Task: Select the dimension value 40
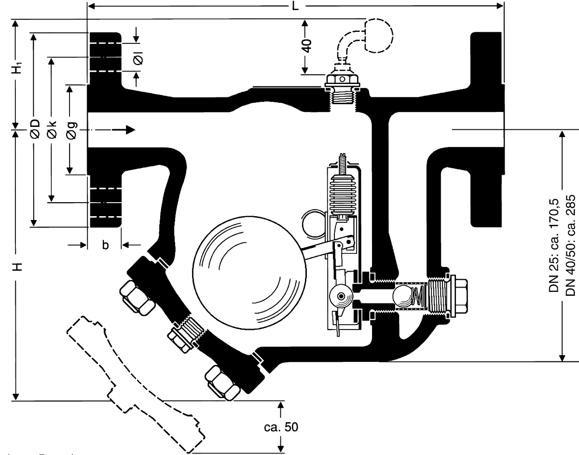(x=306, y=46)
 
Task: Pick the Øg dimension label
(x=70, y=130)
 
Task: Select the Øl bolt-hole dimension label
(x=138, y=58)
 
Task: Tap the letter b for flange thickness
(x=105, y=245)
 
